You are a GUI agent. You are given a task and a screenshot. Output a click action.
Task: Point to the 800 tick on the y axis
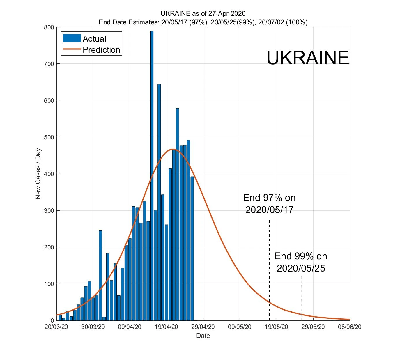49,27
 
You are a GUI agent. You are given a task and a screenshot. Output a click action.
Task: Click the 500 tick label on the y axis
49,137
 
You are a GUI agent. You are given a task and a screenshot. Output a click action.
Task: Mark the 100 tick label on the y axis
49,284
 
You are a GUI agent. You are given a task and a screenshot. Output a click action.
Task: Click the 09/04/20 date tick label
130,327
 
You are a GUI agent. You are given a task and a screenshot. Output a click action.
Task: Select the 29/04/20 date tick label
203,327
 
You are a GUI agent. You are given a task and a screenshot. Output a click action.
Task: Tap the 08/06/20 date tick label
349,327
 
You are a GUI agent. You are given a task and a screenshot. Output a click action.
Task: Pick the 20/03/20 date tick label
56,327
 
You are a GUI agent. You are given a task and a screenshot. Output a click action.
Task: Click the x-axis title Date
203,336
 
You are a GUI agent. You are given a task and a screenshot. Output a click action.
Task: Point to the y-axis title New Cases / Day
38,174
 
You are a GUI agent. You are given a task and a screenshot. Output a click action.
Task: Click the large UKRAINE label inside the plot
307,58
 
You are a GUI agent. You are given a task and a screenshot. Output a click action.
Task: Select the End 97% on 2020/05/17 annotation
269,203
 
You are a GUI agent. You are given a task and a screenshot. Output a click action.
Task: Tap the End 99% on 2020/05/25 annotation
301,262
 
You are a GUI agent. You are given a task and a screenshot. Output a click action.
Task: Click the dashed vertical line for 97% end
270,262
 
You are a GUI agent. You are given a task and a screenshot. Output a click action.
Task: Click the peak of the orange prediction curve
173,149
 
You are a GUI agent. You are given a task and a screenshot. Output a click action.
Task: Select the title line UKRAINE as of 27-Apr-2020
203,14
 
